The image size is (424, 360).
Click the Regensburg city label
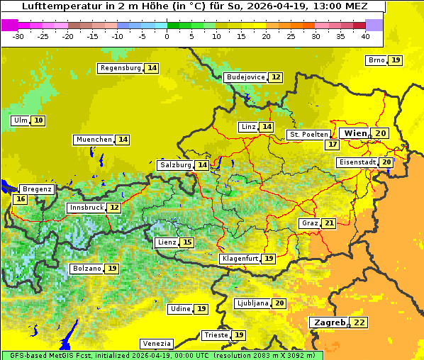[121, 68]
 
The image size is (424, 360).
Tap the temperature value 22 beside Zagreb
[360, 322]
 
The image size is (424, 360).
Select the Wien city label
[355, 133]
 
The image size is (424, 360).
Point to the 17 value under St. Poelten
[332, 145]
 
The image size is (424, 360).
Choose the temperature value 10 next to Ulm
[38, 120]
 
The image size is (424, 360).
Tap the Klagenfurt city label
[239, 259]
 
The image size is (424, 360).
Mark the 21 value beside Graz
[329, 223]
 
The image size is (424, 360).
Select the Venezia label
[156, 343]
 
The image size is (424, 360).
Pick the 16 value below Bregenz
[20, 200]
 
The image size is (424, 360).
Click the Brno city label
[376, 60]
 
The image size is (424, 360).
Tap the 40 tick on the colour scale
[365, 36]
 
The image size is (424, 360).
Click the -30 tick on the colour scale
[18, 36]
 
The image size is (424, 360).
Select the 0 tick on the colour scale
[167, 36]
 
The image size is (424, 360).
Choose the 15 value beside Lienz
[187, 242]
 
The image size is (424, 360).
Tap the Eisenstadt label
[357, 162]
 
